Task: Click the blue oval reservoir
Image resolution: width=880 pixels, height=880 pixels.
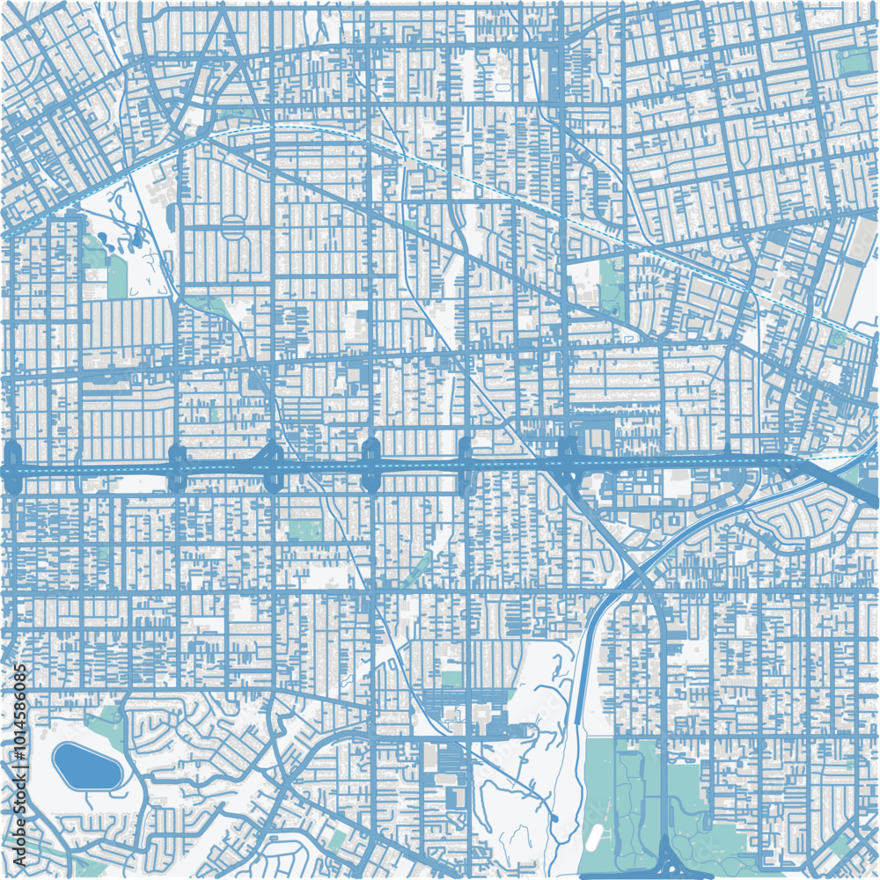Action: [x=86, y=766]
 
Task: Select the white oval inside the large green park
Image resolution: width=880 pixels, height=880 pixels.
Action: [x=596, y=832]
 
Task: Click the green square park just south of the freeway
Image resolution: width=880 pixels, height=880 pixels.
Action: [x=305, y=530]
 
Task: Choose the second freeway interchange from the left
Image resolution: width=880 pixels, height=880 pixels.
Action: [x=177, y=468]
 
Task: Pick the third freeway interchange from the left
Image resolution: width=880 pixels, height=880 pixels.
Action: [x=273, y=467]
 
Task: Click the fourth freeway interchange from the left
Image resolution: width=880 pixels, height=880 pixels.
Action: [x=370, y=466]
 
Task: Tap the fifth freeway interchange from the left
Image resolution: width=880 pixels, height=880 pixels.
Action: [x=466, y=466]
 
